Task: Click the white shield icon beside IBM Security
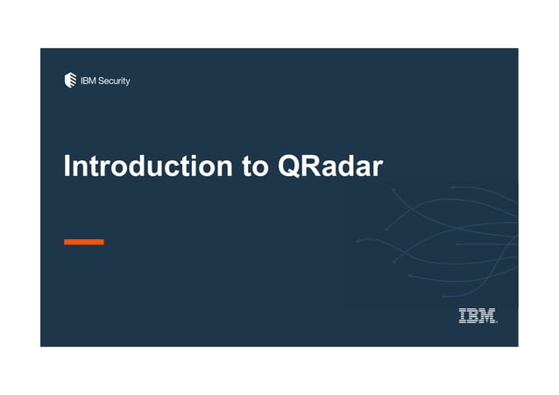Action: (x=71, y=81)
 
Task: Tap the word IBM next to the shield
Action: (x=89, y=81)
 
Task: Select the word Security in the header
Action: (x=115, y=81)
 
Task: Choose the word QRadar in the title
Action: (x=329, y=166)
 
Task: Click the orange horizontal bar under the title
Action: (x=84, y=242)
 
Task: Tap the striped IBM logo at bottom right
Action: (x=478, y=316)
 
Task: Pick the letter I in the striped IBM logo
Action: (x=463, y=316)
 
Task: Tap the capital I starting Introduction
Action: (x=67, y=166)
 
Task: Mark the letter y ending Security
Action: (x=128, y=83)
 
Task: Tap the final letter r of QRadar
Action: (x=378, y=167)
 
